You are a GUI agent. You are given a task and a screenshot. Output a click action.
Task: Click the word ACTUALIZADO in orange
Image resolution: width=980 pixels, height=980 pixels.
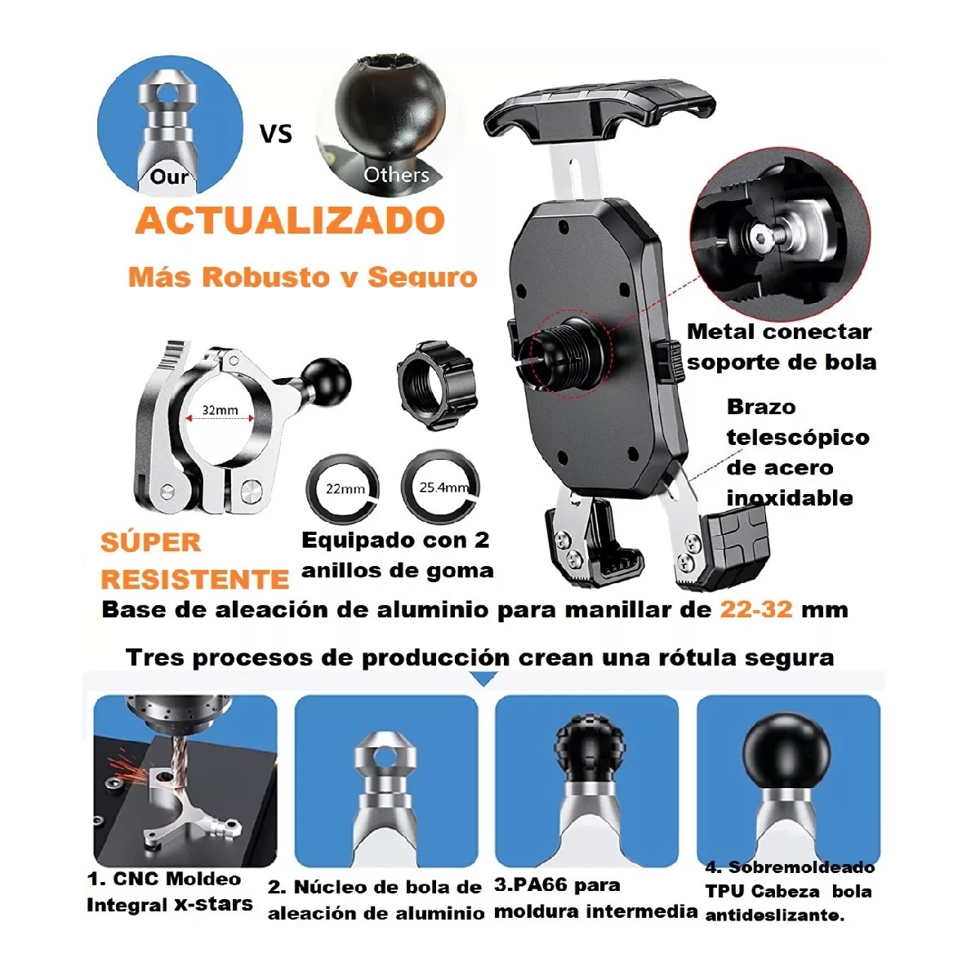(290, 221)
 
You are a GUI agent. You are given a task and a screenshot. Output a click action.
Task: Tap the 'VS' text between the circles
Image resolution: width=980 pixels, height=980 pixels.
(275, 133)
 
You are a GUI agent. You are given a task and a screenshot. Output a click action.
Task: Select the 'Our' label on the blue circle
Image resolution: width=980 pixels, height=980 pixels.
(169, 176)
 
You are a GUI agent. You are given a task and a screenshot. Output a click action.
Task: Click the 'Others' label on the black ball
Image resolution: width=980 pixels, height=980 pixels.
(396, 175)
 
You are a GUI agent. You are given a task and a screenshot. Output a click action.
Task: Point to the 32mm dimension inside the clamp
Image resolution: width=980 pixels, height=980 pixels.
(220, 411)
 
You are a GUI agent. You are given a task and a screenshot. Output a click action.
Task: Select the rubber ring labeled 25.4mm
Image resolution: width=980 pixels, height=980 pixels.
(441, 488)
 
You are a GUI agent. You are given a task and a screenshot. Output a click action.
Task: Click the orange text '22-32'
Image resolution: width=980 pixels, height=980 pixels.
(755, 610)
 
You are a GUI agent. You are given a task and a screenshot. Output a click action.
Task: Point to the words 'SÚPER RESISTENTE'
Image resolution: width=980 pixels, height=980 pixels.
(194, 561)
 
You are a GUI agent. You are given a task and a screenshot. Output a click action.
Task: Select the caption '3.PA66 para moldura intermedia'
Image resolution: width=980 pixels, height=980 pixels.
(595, 898)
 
